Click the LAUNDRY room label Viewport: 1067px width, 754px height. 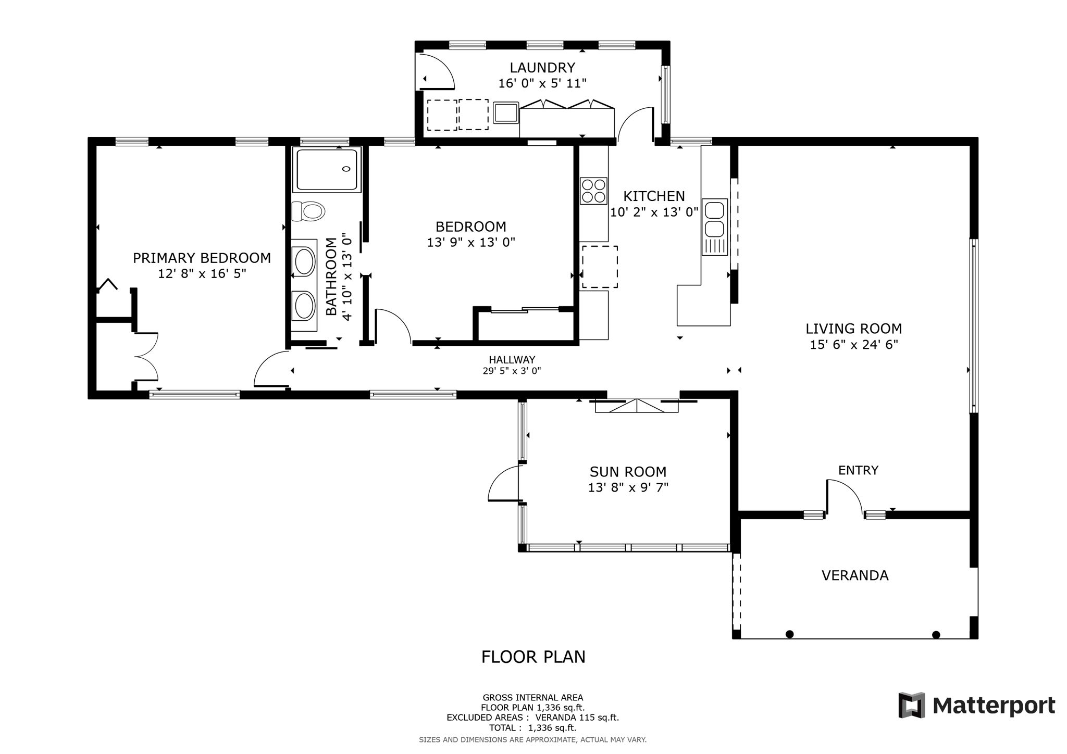click(542, 68)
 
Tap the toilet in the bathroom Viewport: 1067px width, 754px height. click(308, 211)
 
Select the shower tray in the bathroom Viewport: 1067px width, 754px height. click(327, 169)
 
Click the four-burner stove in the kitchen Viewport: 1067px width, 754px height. click(594, 191)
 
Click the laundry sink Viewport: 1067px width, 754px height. click(506, 112)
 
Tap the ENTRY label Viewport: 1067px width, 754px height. click(858, 471)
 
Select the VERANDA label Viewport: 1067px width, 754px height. click(855, 575)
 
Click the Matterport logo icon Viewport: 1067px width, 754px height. click(912, 705)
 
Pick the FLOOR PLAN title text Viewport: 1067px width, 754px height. click(533, 657)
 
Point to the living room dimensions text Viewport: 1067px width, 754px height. click(854, 345)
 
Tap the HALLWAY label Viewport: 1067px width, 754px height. click(512, 360)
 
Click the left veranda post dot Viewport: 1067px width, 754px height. click(789, 634)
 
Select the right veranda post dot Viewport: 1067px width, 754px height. click(936, 634)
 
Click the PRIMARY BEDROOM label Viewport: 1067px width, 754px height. click(202, 258)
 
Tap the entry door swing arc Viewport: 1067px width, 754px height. click(851, 489)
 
